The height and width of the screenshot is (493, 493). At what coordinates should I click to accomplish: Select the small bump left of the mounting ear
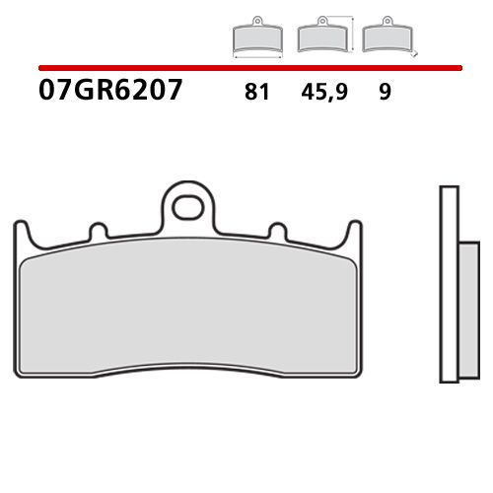click(98, 231)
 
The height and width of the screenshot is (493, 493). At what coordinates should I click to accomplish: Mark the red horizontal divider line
click(246, 69)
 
